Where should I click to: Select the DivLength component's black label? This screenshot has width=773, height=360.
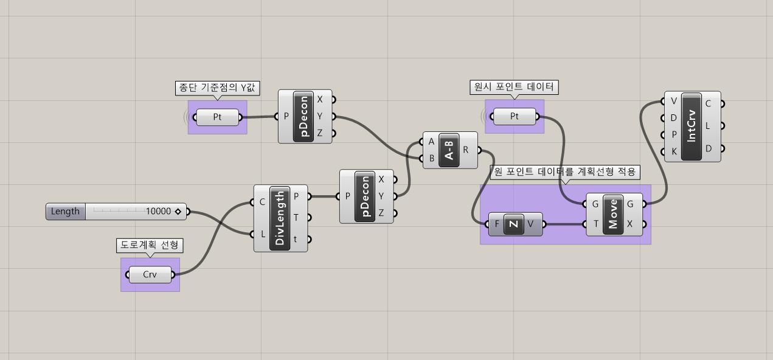point(280,218)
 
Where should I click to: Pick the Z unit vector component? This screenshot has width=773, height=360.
point(514,224)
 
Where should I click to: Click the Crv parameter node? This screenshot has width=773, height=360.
point(150,274)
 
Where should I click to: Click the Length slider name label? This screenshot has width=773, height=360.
point(66,212)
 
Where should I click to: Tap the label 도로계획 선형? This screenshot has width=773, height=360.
point(150,244)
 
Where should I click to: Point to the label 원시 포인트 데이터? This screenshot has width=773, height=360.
point(515,87)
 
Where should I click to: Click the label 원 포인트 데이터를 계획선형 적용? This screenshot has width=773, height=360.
point(565,173)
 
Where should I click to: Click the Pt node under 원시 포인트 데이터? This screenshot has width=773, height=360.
point(515,116)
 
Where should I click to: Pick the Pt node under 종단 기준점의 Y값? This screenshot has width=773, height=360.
point(217,117)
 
